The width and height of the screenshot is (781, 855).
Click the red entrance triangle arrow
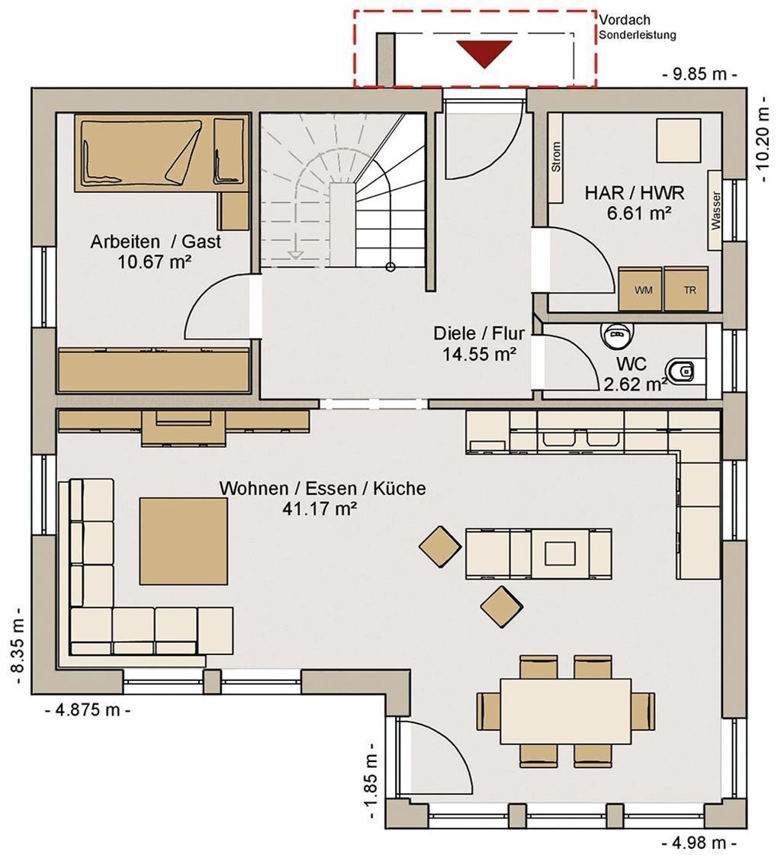coord(484,53)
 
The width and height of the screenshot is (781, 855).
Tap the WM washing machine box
coord(641,288)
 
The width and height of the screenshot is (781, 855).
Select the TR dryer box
coord(686,288)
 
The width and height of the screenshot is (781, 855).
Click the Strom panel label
coord(556,157)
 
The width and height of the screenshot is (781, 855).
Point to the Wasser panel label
coord(715,211)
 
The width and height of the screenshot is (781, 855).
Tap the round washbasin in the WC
coord(617,334)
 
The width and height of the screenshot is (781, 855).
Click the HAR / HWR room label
coord(635,192)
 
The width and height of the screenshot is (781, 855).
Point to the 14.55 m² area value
coord(480,355)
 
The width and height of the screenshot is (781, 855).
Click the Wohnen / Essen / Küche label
coord(323,487)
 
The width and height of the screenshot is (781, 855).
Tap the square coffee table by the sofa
coord(183,540)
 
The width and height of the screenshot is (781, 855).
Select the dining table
coord(566,711)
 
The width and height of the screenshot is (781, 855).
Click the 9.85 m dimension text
coord(700,74)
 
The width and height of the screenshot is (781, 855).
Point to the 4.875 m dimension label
coord(88,710)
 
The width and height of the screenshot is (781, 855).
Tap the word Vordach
coord(625,20)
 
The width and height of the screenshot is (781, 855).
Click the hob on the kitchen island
coord(560,554)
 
